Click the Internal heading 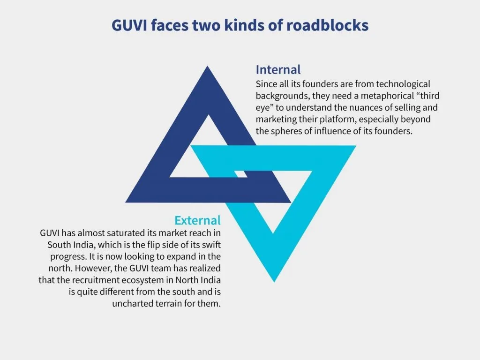pos(278,70)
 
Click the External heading pos(197,220)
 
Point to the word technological pos(403,84)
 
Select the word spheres pos(287,131)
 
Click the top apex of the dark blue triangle pos(208,66)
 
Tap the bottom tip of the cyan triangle pos(274,282)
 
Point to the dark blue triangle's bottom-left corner pos(126,202)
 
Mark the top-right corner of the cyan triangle pos(356,146)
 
